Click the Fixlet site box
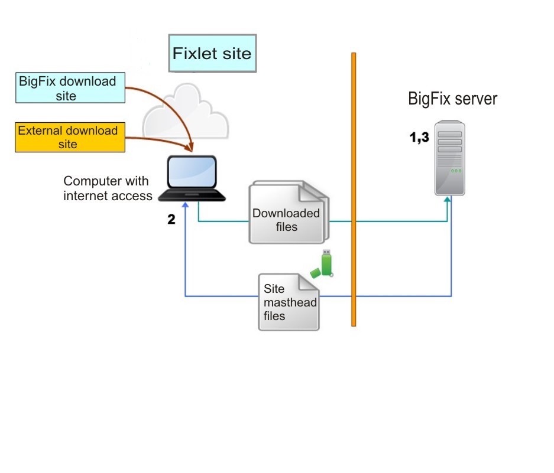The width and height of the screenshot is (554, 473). pos(212,53)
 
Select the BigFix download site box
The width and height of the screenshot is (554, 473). pos(70,88)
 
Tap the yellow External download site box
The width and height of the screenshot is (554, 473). pos(70,138)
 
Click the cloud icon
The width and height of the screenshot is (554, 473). pos(186,112)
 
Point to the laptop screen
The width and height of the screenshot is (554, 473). pos(192,172)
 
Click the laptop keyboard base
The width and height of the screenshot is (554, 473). pos(192,195)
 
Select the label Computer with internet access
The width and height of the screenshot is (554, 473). pos(108,188)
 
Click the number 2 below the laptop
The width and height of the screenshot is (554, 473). pos(171,219)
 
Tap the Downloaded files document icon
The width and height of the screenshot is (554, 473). pos(289,212)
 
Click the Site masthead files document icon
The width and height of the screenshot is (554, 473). pos(289,302)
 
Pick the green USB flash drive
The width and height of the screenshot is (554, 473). pos(322,264)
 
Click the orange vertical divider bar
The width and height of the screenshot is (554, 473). pos(354,190)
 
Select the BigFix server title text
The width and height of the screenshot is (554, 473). pos(452,99)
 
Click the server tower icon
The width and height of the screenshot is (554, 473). pos(450,158)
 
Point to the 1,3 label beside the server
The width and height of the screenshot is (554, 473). pos(419,137)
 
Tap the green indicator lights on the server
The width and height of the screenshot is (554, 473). pos(456,171)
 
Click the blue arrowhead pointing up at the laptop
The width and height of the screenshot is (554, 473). pos(185,205)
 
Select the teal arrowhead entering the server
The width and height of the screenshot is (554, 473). pos(448,200)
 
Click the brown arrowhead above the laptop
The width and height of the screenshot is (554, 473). pos(191,148)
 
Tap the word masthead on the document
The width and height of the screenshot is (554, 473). pos(290,302)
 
